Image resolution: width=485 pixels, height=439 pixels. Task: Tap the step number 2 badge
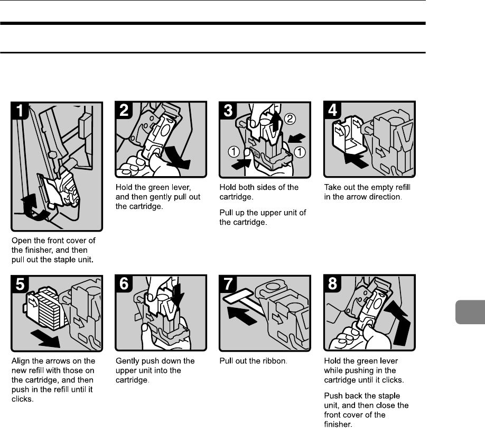[x=125, y=112]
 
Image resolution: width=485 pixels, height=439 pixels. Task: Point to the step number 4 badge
[x=332, y=112]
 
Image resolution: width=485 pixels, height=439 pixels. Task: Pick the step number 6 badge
[x=125, y=284]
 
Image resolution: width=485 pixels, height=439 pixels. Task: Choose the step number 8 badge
[x=332, y=284]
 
